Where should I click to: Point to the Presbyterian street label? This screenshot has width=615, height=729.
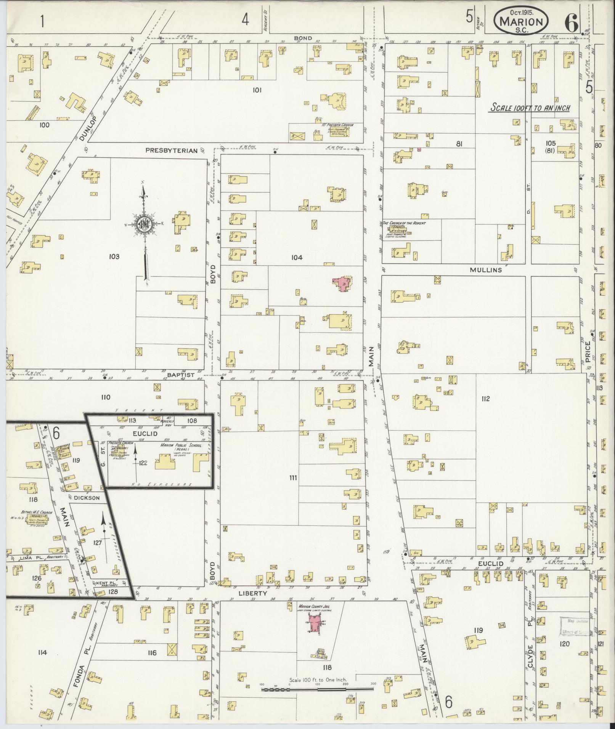point(172,151)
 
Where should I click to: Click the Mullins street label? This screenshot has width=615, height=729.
point(485,270)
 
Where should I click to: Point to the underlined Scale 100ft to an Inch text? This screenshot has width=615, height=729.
point(530,108)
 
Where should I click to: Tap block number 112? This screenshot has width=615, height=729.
point(485,399)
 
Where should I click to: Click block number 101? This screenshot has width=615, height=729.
point(257,90)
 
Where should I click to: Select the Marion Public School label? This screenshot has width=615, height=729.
point(185,446)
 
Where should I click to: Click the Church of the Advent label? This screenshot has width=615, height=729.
point(404,223)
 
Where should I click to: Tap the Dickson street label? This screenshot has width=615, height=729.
point(87,498)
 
